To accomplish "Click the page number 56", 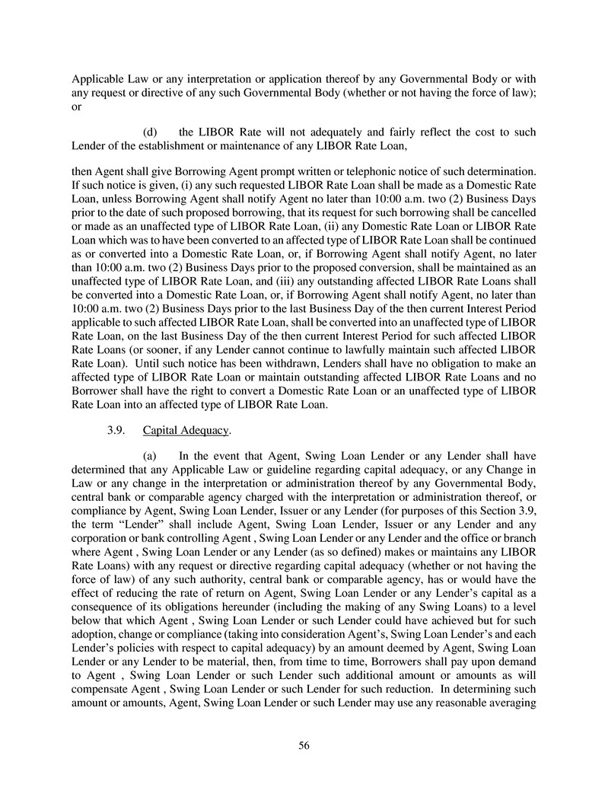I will pyautogui.click(x=304, y=745).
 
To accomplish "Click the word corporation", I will pyautogui.click(x=101, y=531).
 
